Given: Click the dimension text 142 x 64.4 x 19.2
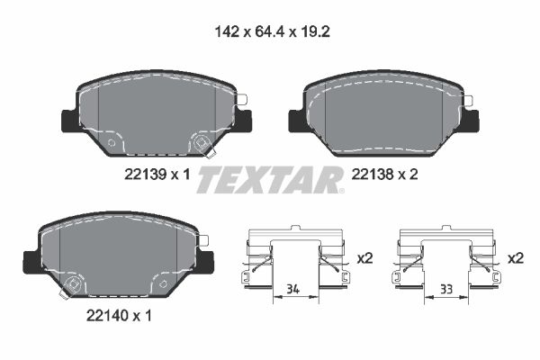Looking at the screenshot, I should click(268, 30).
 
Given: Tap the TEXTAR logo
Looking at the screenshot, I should click(269, 179).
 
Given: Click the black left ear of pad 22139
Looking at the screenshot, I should click(67, 120).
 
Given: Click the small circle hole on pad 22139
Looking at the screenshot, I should click(112, 142).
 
